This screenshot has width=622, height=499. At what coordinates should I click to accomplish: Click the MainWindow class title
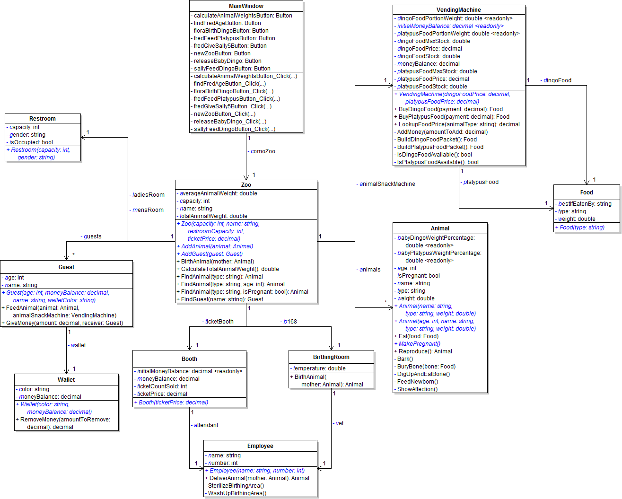point(246,6)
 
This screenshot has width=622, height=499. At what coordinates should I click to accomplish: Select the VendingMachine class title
point(458,10)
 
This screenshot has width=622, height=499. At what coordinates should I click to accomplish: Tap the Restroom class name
point(43,119)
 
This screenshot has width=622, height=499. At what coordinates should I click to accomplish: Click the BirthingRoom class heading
point(331,357)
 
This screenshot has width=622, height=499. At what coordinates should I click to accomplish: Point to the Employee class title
point(260,446)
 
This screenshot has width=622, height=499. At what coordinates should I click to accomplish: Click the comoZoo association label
point(262,151)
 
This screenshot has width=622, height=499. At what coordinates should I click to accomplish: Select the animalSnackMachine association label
point(386,184)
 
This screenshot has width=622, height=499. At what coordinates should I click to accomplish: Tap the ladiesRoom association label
point(148,195)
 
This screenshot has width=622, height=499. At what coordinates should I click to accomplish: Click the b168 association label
point(289,322)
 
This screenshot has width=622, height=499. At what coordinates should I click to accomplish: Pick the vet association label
point(339,423)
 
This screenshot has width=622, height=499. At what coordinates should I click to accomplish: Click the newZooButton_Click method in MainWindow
point(223,114)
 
